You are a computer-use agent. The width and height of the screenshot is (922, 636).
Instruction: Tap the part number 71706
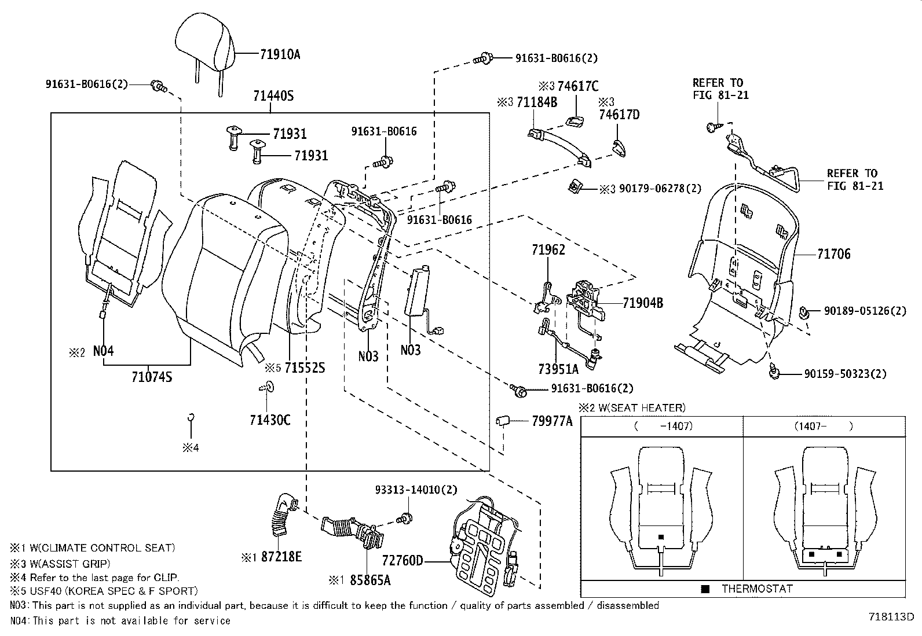click(834, 253)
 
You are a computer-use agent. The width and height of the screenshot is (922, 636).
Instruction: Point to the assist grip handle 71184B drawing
click(559, 147)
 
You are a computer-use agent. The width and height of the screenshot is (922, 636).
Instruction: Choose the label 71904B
click(643, 303)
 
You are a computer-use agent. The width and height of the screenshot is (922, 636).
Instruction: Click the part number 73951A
click(558, 369)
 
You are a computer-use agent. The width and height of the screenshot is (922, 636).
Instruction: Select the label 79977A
click(552, 421)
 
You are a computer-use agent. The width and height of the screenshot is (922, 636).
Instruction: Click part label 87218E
click(281, 557)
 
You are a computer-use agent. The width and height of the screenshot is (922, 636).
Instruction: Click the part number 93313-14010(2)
click(415, 490)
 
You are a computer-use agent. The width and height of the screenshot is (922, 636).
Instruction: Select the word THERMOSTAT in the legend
click(757, 589)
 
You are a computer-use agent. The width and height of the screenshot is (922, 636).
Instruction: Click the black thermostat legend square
click(705, 589)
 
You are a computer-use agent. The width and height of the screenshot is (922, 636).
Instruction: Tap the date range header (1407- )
click(824, 427)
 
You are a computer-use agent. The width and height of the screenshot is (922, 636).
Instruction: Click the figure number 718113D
click(890, 617)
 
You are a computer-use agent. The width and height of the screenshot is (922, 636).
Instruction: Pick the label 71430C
click(270, 420)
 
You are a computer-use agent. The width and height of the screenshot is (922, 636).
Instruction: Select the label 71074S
click(152, 378)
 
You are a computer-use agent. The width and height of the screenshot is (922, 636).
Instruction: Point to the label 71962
click(548, 250)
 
